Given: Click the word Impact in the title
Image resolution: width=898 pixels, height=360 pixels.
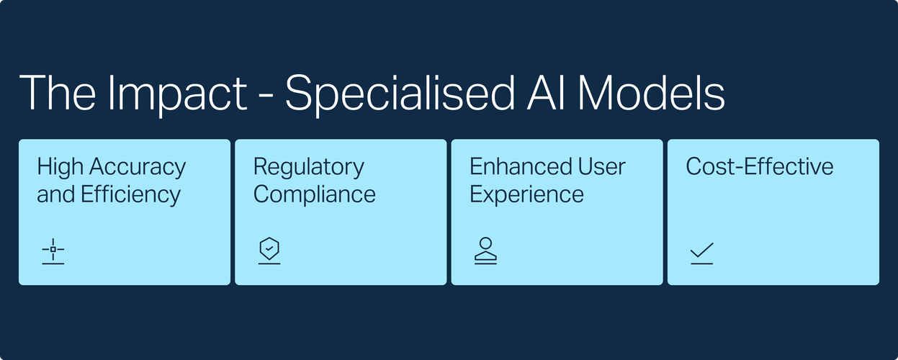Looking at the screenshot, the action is point(178,94).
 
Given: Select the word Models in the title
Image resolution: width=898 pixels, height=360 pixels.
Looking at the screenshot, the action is point(651,93).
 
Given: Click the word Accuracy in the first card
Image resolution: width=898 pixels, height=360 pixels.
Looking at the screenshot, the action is point(138,168).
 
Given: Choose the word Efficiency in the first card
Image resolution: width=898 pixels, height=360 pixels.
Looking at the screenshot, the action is point(130,195).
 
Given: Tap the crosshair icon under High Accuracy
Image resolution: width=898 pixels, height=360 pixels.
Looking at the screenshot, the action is point(53,251).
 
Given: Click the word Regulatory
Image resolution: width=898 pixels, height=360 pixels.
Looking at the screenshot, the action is point(309,168).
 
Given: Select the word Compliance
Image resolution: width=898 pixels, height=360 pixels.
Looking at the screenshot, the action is point(314,195).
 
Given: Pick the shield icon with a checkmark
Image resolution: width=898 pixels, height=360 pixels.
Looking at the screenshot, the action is point(269,251).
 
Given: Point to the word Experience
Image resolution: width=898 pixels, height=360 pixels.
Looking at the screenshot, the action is point(526,195).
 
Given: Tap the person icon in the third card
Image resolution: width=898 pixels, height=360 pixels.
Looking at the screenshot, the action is point(485,251).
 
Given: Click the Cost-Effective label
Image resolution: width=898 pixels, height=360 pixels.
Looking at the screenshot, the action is point(760,166).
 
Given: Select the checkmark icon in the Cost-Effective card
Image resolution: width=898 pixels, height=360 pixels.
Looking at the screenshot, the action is point(702,253).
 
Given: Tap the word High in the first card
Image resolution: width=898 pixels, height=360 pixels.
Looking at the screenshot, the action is point(60,168).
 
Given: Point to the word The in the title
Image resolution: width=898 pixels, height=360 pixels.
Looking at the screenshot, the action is point(58,93).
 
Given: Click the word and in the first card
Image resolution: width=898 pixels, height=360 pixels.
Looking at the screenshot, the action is point(55,194).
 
